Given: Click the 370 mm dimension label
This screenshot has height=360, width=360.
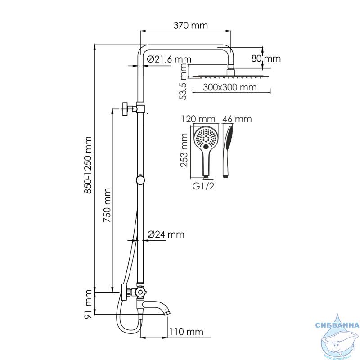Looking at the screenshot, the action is [190, 25].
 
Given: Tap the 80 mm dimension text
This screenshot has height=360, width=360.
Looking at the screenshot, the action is [266, 58].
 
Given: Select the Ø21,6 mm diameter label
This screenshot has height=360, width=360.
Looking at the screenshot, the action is [169, 59].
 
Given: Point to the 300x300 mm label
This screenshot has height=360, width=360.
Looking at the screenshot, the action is [229, 87].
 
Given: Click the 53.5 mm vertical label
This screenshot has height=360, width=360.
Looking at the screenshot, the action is [184, 81].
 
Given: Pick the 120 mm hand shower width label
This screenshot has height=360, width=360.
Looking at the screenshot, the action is [198, 119].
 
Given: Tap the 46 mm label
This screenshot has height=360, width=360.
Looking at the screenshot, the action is [237, 119].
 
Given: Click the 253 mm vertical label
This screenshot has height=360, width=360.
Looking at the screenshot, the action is [184, 150].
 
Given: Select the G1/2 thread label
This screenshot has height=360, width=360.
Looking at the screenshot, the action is [203, 186].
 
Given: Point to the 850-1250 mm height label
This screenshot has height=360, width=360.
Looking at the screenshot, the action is [88, 165].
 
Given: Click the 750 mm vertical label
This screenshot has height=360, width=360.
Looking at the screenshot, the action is [107, 205].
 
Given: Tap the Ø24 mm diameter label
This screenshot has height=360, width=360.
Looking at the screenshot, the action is [166, 234].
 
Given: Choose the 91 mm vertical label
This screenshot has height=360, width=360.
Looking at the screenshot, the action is [88, 303].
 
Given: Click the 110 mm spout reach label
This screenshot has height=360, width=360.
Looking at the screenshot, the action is [186, 332].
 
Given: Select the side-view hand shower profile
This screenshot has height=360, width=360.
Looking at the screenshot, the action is [227, 152].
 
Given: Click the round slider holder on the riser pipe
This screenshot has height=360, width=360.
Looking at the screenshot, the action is [140, 180].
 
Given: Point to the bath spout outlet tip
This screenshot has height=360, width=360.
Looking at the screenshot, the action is [168, 312].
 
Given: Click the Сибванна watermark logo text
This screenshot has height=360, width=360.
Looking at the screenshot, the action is [337, 325].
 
